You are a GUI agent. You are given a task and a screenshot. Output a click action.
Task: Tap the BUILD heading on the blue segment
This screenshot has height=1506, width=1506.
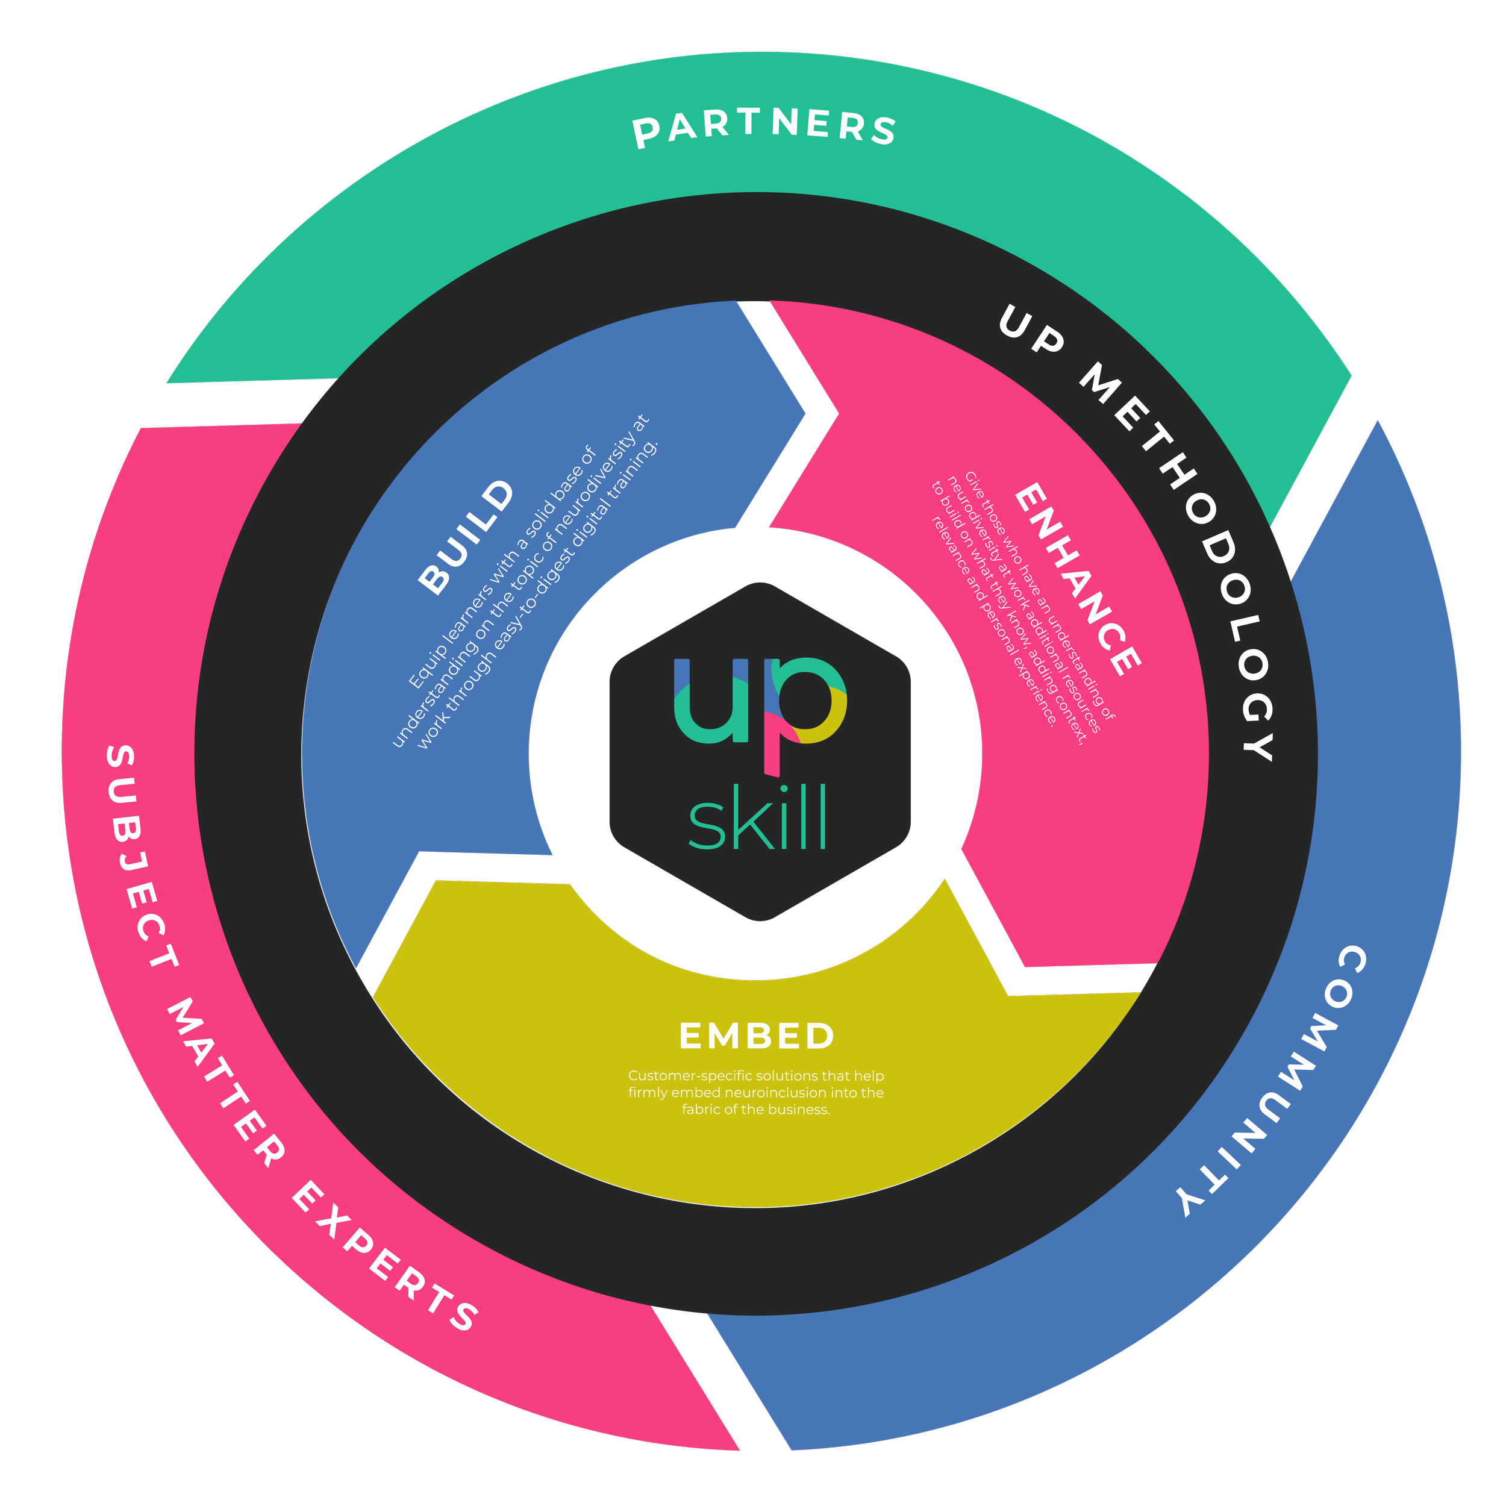click(x=466, y=537)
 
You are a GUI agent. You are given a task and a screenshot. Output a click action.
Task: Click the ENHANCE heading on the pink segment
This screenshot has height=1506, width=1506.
click(x=1077, y=578)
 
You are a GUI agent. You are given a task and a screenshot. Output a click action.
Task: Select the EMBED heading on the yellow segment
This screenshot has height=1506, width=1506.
click(x=756, y=1036)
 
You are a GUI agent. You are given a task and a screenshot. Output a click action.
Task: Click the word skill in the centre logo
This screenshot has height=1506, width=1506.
click(x=756, y=819)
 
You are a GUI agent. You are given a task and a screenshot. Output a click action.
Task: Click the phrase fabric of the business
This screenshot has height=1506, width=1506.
click(x=755, y=1109)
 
